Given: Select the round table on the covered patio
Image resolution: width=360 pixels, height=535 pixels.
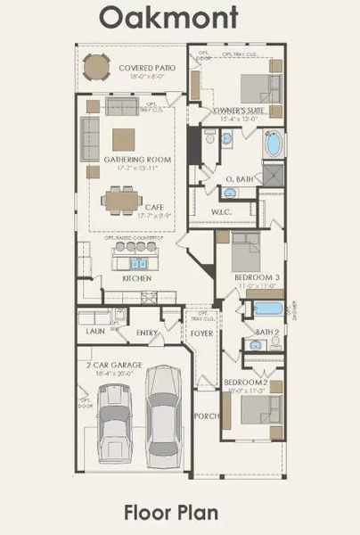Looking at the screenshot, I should pos(95,67).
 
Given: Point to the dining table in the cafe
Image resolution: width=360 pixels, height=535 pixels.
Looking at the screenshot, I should pos(119,200).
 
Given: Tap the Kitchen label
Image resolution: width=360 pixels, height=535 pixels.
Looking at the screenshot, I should pos(137,278).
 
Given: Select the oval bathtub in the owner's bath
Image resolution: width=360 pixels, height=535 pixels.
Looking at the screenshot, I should pos(273,144).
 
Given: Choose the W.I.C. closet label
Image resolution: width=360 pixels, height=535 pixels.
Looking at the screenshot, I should pos(222,211).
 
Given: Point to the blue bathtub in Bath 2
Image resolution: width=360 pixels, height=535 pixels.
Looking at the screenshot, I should pos(267,309).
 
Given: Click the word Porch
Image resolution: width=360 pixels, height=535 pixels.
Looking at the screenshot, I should pos(206,416).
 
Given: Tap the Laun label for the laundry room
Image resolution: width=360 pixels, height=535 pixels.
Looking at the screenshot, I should pos(95,331).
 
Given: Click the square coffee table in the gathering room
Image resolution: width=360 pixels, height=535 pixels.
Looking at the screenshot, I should pos(123,138).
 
